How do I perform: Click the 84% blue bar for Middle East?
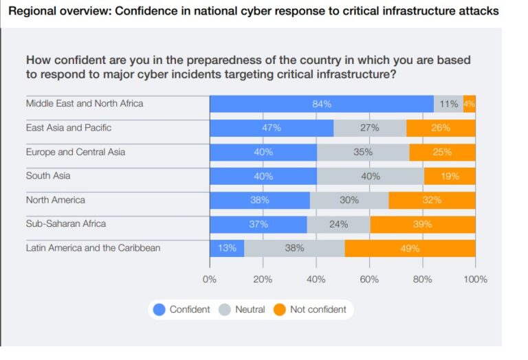[x=321, y=104]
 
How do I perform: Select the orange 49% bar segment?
[x=410, y=248]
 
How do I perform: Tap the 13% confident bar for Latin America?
[x=226, y=248]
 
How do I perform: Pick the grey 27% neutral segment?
[x=370, y=128]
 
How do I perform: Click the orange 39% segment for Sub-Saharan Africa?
[x=422, y=224]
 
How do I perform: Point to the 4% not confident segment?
[x=469, y=104]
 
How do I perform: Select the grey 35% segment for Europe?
[x=362, y=152]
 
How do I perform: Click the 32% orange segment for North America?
[x=432, y=200]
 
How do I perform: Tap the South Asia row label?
[x=48, y=176]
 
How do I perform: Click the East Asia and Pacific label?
[x=69, y=128]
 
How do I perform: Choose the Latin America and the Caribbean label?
[x=93, y=248]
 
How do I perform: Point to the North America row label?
[x=56, y=200]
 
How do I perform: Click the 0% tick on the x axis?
[x=209, y=280]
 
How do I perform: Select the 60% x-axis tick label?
[x=369, y=280]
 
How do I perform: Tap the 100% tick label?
[x=475, y=280]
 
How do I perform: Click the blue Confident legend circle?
[x=159, y=310]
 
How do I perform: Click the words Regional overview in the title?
[x=52, y=12]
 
